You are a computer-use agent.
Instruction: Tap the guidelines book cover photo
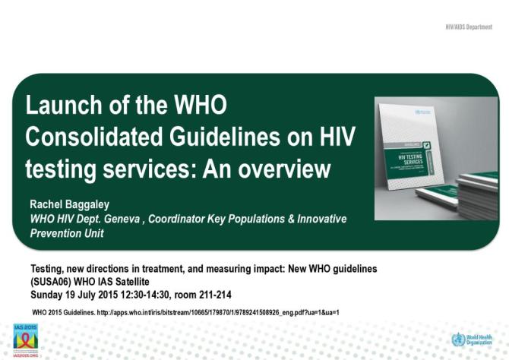[435, 158]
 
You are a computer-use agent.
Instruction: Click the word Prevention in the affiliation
[53, 233]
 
